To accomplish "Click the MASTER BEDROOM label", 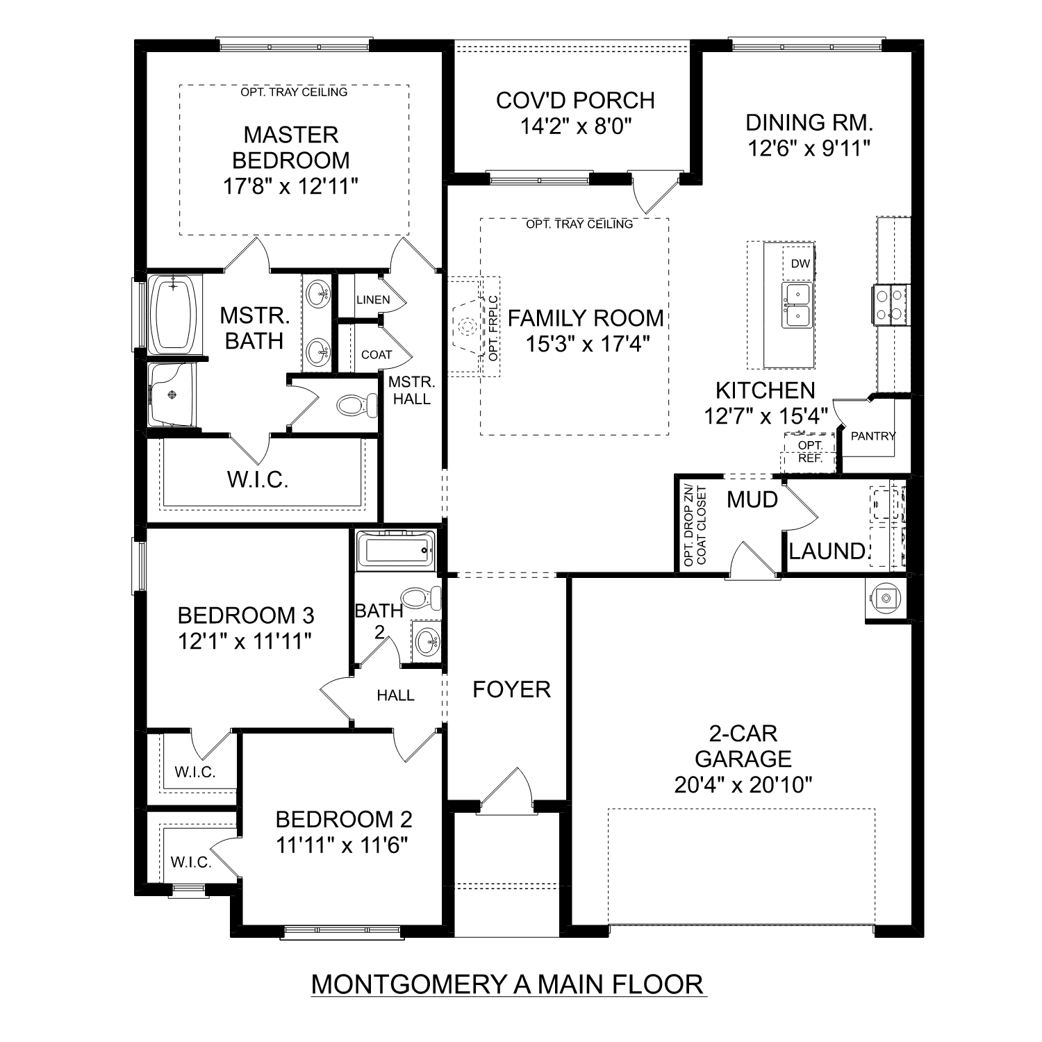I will point(290,147).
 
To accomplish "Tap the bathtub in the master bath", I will point(174,313).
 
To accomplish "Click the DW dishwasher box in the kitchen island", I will point(800,264).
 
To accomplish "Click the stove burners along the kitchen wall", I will point(890,305).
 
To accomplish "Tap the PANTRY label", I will point(873,436).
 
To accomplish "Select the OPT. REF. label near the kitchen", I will point(810,452).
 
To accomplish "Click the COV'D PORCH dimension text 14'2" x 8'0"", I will point(575,126).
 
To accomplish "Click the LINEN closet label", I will point(373,300).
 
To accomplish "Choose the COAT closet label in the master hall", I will point(377,355).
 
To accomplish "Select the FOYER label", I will point(511,689).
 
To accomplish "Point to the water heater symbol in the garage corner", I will point(885,597).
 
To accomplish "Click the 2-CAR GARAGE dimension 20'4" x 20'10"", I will point(743,785).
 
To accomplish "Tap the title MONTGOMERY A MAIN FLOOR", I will point(508,984).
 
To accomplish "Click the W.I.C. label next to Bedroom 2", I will point(191,862).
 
